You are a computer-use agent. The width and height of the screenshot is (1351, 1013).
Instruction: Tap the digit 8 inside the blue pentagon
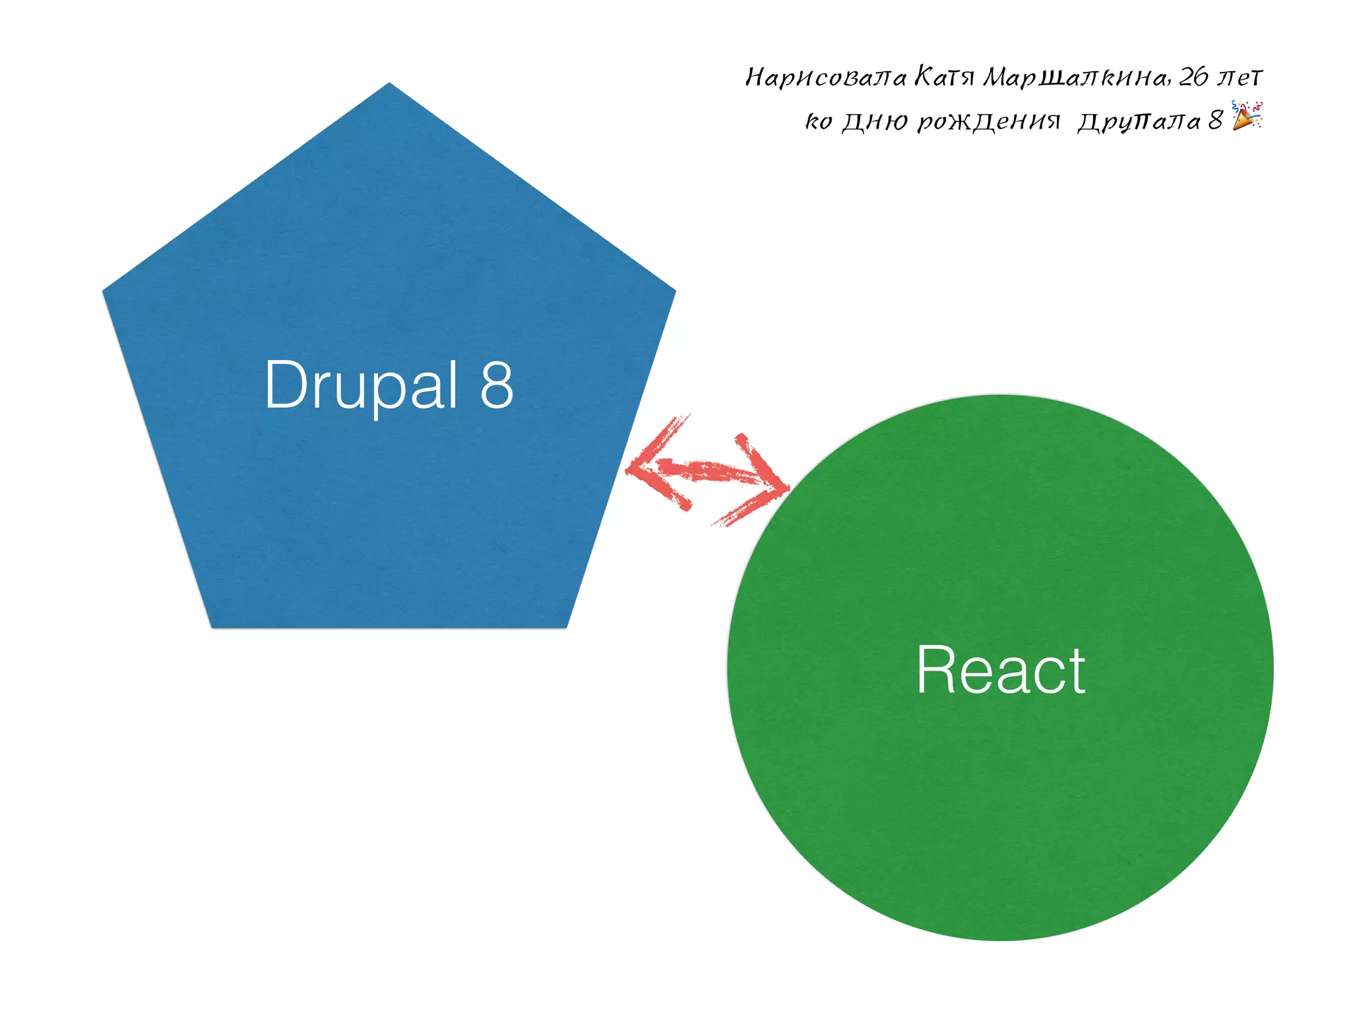pos(497,385)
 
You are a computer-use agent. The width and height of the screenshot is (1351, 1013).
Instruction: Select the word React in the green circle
pos(1000,670)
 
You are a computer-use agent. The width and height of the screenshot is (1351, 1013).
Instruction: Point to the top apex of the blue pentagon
pos(389,84)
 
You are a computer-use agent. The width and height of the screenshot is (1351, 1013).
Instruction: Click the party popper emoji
pos(1247,116)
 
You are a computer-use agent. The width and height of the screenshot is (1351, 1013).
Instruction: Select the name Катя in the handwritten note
pos(944,77)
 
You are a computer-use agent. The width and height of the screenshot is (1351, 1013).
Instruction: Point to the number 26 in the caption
pos(1193,77)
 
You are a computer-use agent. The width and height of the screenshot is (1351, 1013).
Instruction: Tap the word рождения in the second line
pos(989,121)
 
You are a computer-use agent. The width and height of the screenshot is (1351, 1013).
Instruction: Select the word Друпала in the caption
pos(1139,121)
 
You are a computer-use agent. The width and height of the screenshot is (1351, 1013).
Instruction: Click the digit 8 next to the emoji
pos(1215,120)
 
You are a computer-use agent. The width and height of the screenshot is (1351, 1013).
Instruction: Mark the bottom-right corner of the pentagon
pos(566,627)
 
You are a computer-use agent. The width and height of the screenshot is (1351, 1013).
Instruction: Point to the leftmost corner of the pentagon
pos(104,291)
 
